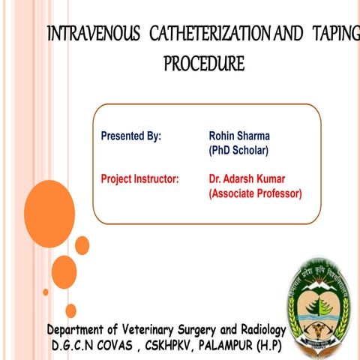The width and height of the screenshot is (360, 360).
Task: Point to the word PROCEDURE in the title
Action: click(204, 64)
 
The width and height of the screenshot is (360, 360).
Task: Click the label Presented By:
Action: click(131, 137)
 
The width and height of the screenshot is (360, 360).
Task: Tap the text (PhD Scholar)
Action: click(238, 151)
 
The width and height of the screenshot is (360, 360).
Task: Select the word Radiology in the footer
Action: click(260, 331)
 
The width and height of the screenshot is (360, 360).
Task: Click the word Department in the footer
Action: click(77, 331)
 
